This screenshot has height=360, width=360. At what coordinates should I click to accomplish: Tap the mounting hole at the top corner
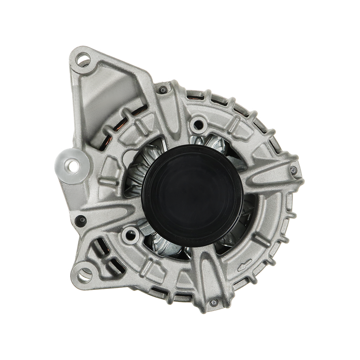click(83, 58)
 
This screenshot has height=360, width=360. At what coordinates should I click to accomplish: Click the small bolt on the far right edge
click(293, 170)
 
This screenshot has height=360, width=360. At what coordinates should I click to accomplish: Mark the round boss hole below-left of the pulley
click(131, 234)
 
